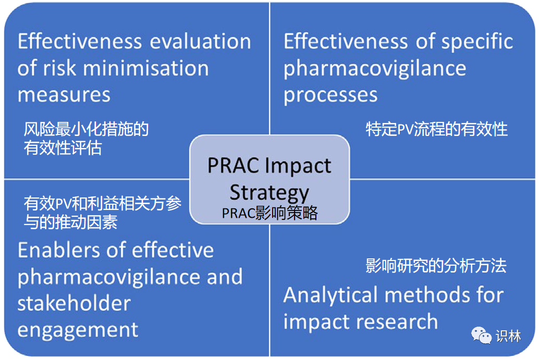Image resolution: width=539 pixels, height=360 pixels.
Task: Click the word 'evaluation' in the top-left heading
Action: point(200,41)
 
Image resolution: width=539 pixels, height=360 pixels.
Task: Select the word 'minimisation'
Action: point(146,68)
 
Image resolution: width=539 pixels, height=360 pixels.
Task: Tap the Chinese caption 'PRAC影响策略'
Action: point(270,213)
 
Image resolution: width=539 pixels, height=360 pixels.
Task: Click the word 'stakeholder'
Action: point(74,303)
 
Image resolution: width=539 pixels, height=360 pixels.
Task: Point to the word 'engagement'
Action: point(78,330)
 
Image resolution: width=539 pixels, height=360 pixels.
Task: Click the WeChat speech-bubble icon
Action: point(481,336)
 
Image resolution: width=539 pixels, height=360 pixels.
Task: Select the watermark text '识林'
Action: point(508,336)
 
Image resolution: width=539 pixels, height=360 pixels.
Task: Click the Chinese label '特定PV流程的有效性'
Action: point(436,129)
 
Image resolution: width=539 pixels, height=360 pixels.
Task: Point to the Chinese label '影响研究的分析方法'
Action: point(436,266)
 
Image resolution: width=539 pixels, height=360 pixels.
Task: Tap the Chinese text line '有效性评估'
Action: point(63,148)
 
